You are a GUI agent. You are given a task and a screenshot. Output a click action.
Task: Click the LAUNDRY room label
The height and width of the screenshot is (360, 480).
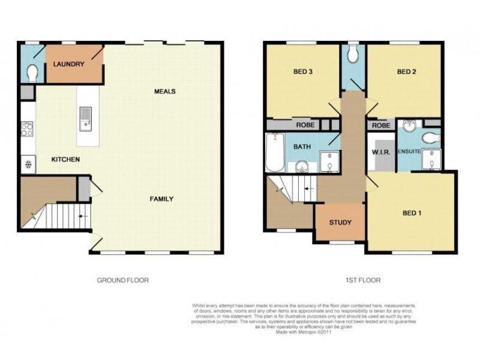[x=68, y=64]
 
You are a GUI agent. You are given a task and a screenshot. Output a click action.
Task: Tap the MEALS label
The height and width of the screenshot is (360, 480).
[x=164, y=91]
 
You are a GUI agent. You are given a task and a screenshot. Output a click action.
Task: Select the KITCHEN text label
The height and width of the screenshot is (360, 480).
[x=65, y=160]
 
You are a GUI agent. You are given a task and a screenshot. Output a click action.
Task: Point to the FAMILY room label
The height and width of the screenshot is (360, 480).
[x=161, y=199]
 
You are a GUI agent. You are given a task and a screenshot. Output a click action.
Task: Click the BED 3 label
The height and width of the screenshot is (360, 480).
[x=304, y=72]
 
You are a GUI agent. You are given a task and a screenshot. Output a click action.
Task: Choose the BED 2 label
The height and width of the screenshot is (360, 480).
[x=407, y=72]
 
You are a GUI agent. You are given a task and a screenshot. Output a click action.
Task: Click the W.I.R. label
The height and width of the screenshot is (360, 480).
[x=381, y=152]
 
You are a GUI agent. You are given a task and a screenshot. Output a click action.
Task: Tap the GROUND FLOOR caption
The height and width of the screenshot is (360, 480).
[x=123, y=280]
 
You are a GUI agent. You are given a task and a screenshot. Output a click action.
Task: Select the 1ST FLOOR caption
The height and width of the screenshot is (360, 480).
[x=363, y=280]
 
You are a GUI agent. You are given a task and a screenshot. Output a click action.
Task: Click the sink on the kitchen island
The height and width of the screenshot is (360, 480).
[x=85, y=118]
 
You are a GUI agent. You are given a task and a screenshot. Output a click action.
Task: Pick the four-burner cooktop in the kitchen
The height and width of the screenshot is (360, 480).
[x=27, y=129]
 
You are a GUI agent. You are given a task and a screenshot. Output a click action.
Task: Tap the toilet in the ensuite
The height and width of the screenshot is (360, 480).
[x=430, y=139]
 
